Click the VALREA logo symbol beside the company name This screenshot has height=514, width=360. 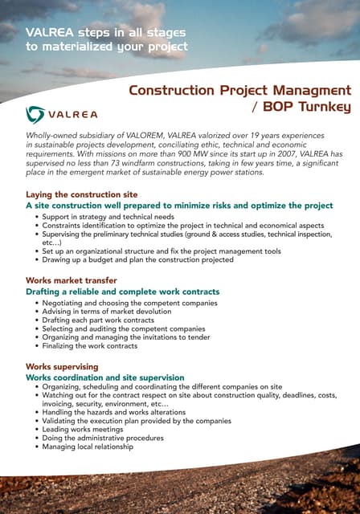click(36, 113)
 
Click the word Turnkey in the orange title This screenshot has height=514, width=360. click(321, 107)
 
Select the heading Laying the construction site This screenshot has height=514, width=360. click(82, 194)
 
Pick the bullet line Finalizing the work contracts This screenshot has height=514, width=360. click(89, 346)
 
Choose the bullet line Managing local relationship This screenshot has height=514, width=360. click(88, 447)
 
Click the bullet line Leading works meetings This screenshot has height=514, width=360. click(84, 430)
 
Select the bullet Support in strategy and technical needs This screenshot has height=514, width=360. click(108, 217)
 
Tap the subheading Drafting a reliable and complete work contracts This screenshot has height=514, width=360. click(122, 292)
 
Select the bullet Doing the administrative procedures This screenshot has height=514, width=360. click(102, 439)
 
